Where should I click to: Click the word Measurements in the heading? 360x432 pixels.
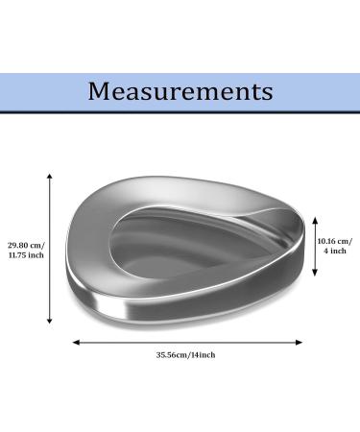coord(180,91)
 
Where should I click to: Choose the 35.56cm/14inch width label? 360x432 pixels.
coord(186,355)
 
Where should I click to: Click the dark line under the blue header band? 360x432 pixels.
coord(180,111)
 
